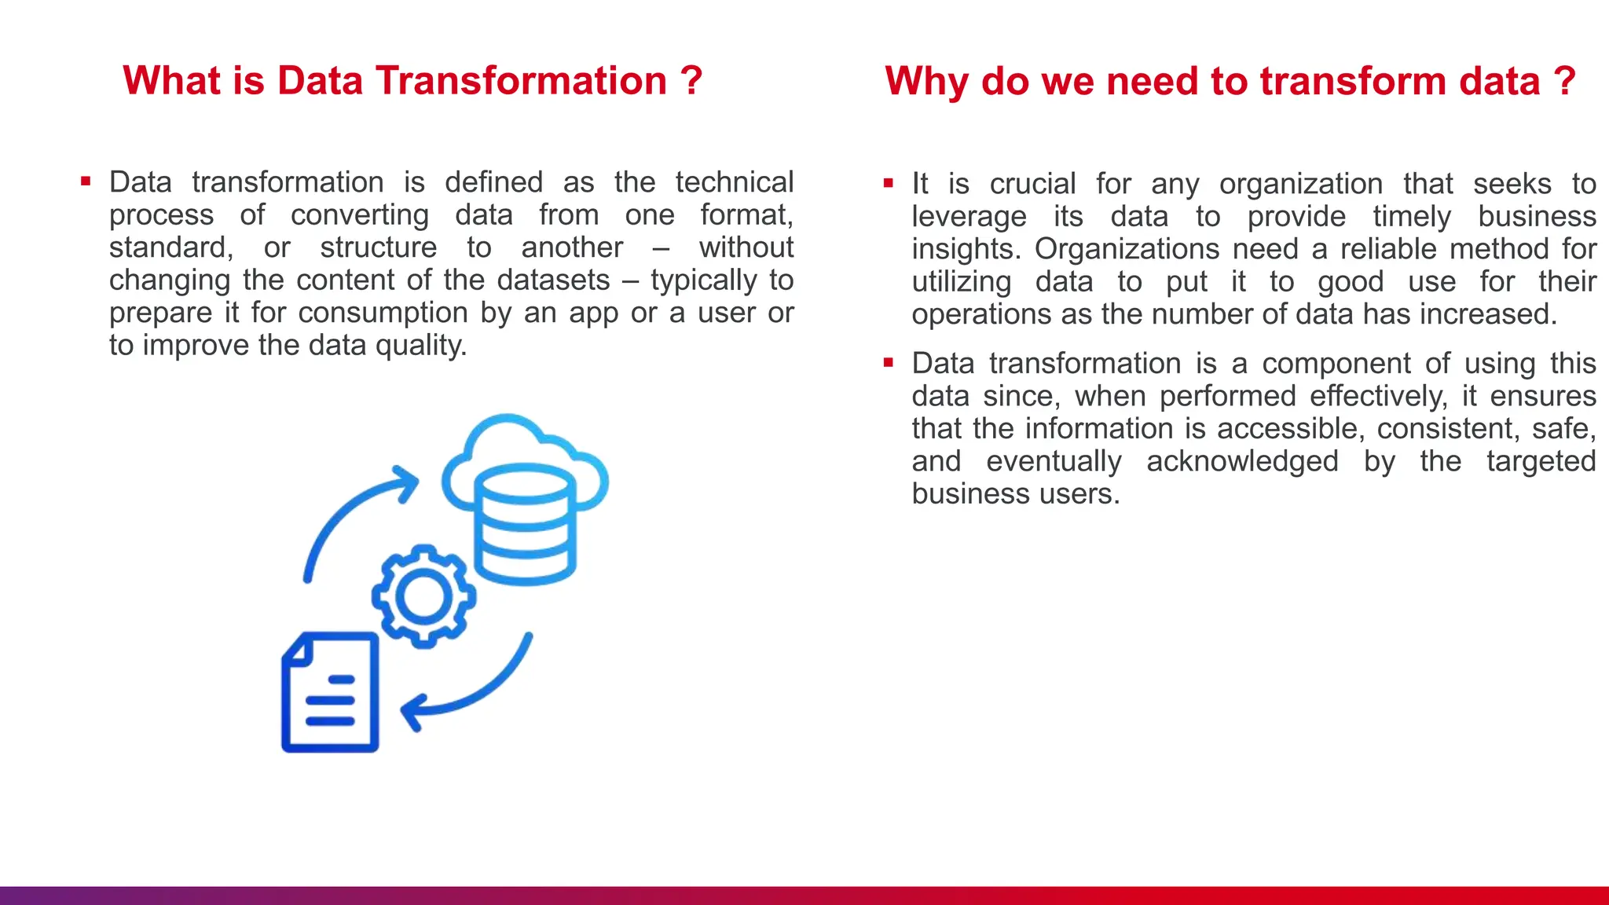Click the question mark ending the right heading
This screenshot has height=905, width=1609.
point(1564,81)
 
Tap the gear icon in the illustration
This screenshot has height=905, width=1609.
point(423,596)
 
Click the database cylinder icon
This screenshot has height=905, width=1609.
point(525,526)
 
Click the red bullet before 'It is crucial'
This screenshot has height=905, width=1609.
point(889,183)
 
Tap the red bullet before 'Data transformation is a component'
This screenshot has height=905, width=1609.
point(889,363)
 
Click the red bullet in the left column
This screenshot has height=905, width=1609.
point(86,181)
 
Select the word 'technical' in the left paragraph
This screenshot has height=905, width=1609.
point(734,181)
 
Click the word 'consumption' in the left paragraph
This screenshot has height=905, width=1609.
point(383,312)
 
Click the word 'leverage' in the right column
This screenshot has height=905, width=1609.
point(969,216)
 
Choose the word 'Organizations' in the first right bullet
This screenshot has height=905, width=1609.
point(1127,248)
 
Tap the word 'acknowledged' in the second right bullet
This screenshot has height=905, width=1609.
point(1242,460)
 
